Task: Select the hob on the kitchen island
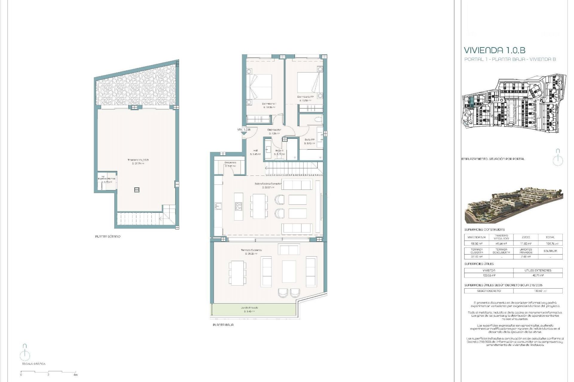point(238,206)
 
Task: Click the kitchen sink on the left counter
point(217,206)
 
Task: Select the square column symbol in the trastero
point(137,190)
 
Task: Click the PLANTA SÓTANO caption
point(108,236)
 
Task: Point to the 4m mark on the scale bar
point(75,375)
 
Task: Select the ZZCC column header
point(526,237)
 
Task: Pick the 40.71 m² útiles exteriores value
point(538,275)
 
